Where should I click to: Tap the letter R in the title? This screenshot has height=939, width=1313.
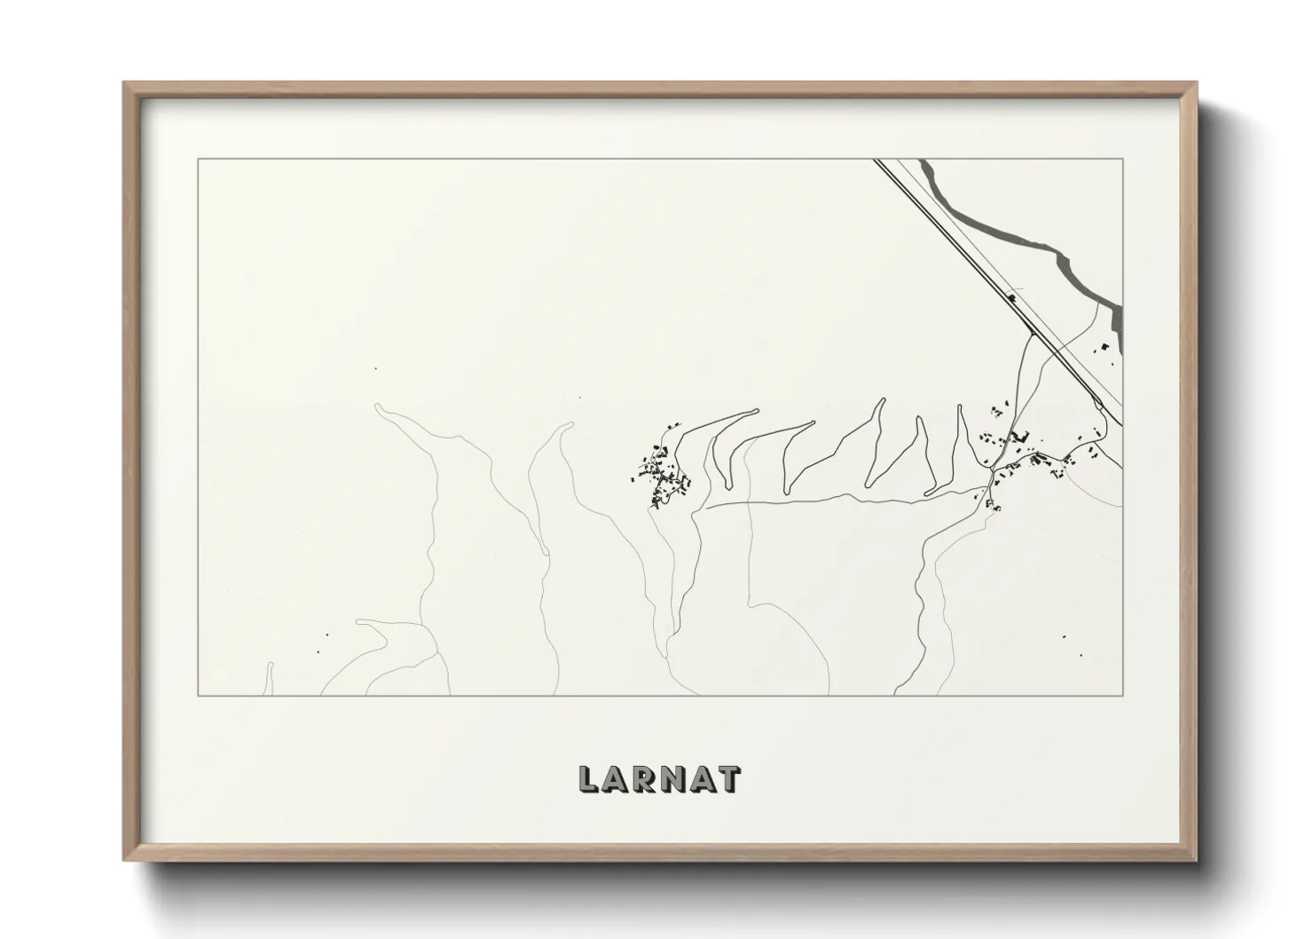[656, 778]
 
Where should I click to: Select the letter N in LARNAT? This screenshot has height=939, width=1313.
[688, 778]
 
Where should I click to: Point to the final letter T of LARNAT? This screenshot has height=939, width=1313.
[729, 778]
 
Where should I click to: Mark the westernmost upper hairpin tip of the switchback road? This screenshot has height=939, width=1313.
[755, 410]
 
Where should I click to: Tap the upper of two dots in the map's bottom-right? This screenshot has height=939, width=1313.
[1065, 637]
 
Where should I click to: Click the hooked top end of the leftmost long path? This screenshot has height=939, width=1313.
[379, 406]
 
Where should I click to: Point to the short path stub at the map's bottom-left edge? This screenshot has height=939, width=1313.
[269, 679]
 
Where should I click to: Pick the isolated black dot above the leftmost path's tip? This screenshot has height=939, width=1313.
[376, 368]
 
